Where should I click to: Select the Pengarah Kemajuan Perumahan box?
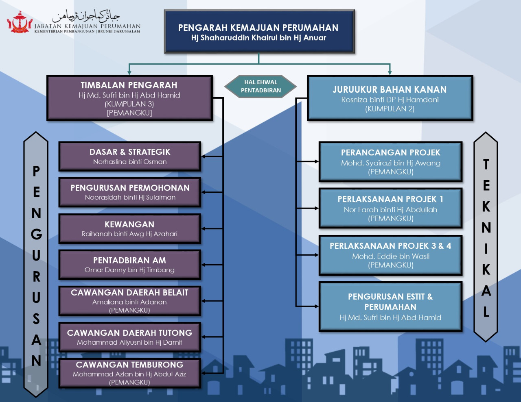(259, 31)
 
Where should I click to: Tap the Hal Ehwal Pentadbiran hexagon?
(260, 87)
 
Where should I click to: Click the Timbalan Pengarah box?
(130, 98)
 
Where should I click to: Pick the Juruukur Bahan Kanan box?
(390, 98)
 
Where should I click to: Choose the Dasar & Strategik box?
(130, 156)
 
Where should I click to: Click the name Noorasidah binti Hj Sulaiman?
(130, 198)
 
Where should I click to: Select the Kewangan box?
(130, 229)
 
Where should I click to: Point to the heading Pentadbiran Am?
(129, 260)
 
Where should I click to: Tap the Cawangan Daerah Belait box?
(130, 301)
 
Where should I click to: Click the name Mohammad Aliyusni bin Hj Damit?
(129, 342)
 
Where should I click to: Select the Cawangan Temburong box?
(130, 373)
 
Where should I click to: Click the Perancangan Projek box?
(391, 162)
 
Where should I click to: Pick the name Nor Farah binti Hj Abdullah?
(391, 210)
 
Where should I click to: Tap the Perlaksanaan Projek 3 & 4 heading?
(390, 246)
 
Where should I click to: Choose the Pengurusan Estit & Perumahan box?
(391, 307)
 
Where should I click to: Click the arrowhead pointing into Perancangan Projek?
(317, 162)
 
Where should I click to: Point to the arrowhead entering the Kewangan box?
(204, 229)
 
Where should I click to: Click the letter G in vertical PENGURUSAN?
(37, 234)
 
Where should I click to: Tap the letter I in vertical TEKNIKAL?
(486, 248)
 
